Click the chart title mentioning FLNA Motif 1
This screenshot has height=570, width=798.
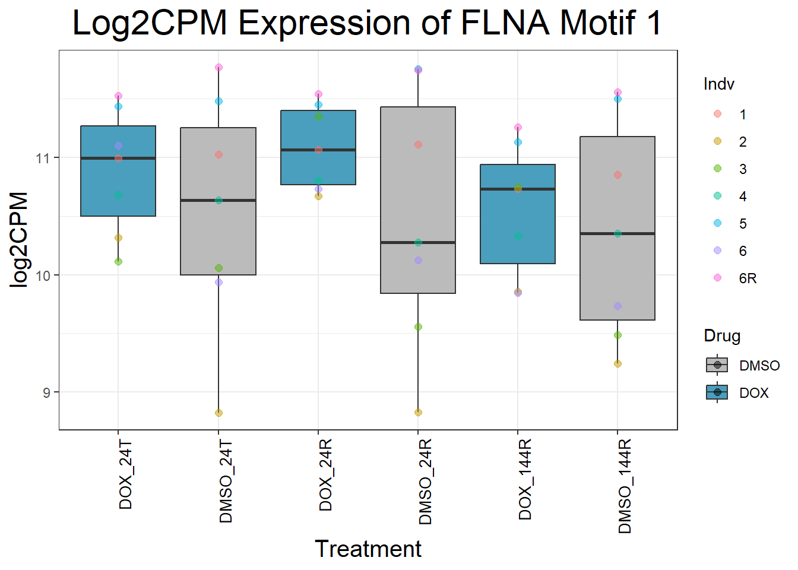(x=366, y=23)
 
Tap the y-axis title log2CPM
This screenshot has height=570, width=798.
(x=19, y=239)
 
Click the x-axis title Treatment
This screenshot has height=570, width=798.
(x=368, y=549)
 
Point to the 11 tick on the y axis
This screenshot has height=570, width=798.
(x=43, y=158)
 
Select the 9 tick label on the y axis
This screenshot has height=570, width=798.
(x=47, y=392)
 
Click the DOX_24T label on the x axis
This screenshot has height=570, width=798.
(x=126, y=475)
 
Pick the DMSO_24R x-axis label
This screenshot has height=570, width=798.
(x=425, y=482)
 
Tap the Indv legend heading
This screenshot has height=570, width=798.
(x=718, y=84)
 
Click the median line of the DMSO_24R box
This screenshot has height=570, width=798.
(x=418, y=242)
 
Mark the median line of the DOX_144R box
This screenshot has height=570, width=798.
(x=518, y=189)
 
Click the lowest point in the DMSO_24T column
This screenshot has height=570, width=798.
(x=218, y=413)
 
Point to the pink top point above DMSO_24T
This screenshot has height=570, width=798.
(x=218, y=68)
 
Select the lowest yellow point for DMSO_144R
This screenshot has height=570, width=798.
(x=617, y=363)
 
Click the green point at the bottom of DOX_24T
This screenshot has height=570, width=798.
(x=118, y=261)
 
